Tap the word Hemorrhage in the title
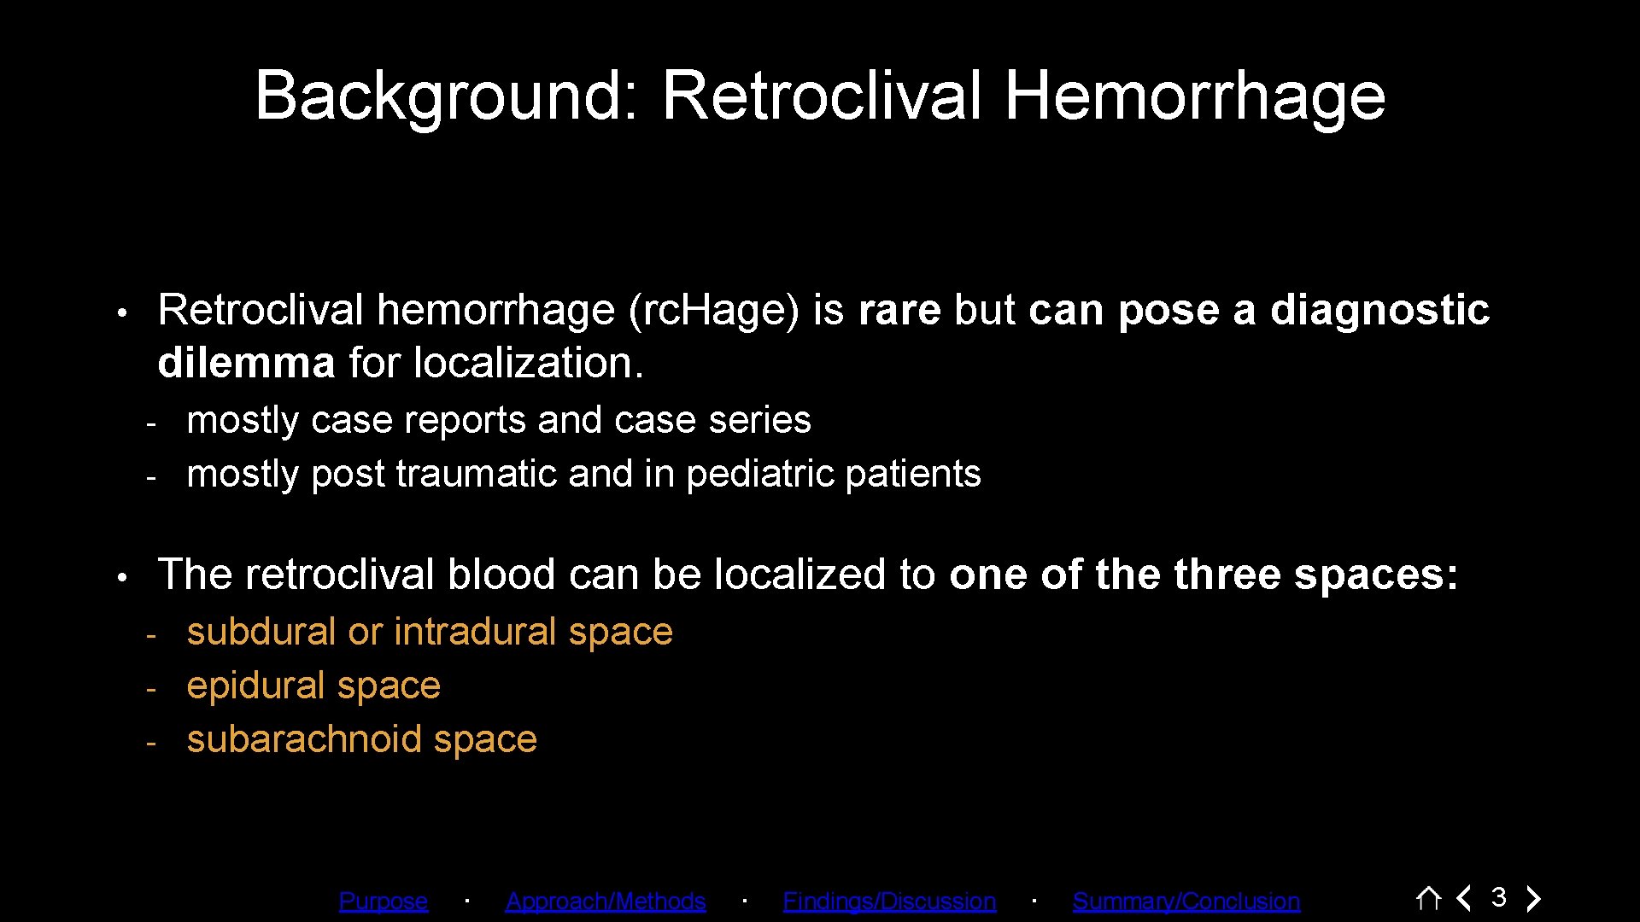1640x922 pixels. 1194,96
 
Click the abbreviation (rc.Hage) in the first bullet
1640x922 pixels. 713,310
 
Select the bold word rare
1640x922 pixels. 899,310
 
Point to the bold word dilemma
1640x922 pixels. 246,363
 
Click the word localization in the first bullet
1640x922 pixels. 528,363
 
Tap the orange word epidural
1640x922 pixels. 256,686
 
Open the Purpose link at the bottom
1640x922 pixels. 383,901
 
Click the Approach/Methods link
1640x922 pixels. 605,901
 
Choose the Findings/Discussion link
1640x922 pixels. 888,901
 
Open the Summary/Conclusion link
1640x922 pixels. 1186,901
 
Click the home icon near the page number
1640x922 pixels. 1428,898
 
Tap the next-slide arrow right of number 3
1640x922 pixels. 1534,898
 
